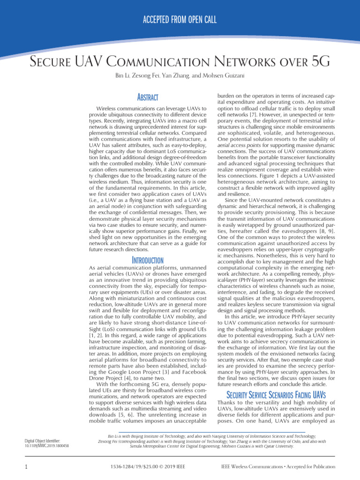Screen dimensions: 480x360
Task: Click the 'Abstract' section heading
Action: pyautogui.click(x=147, y=97)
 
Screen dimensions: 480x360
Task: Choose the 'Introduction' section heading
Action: pyautogui.click(x=147, y=260)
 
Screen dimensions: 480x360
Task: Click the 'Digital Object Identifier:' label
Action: pyautogui.click(x=45, y=441)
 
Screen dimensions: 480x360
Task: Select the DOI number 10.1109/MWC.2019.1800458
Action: pyautogui.click(x=46, y=446)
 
